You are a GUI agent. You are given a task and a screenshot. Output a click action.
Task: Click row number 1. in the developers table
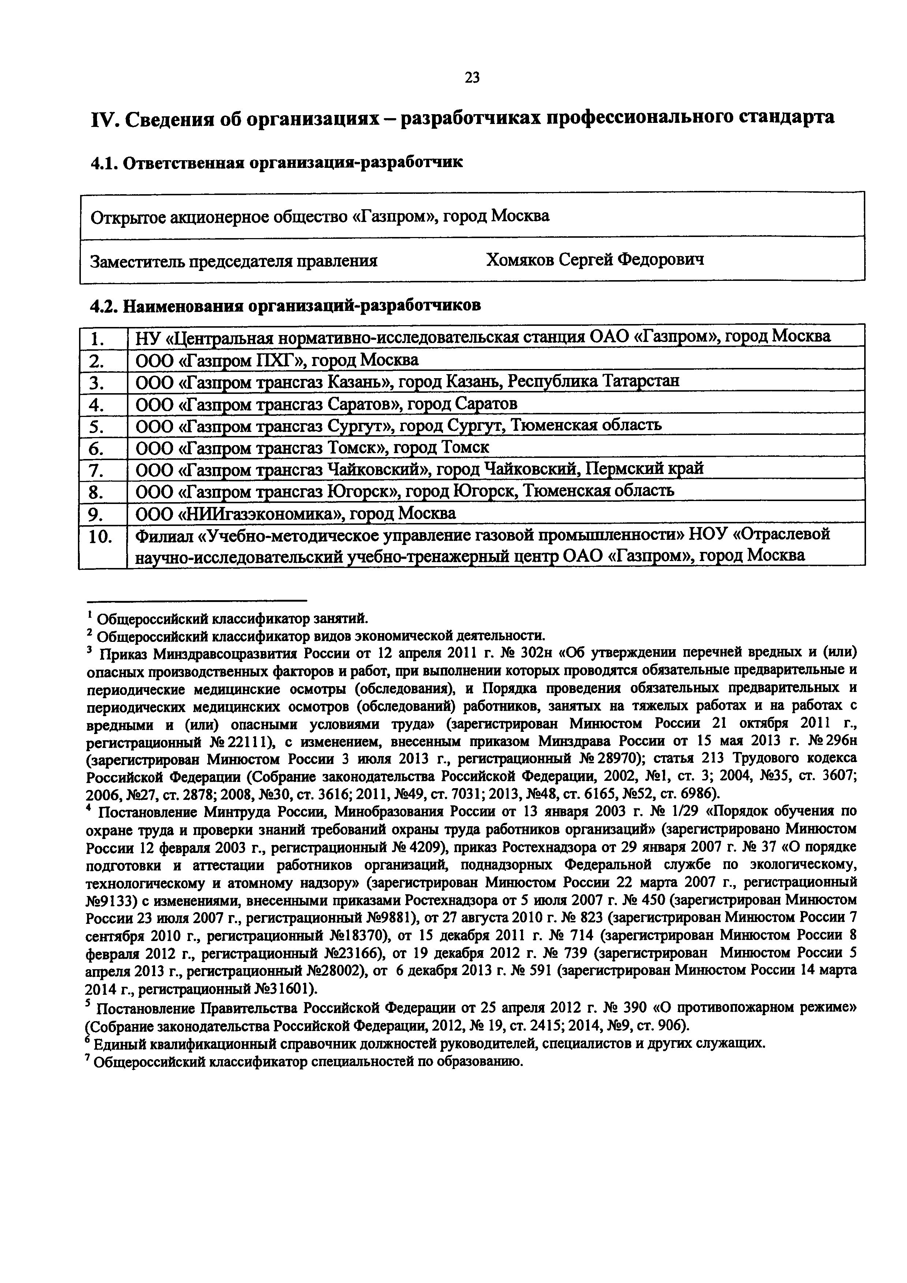[98, 338]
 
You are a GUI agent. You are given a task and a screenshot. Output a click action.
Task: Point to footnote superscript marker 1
[89, 615]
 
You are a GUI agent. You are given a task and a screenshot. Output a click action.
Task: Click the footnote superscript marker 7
[89, 1058]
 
